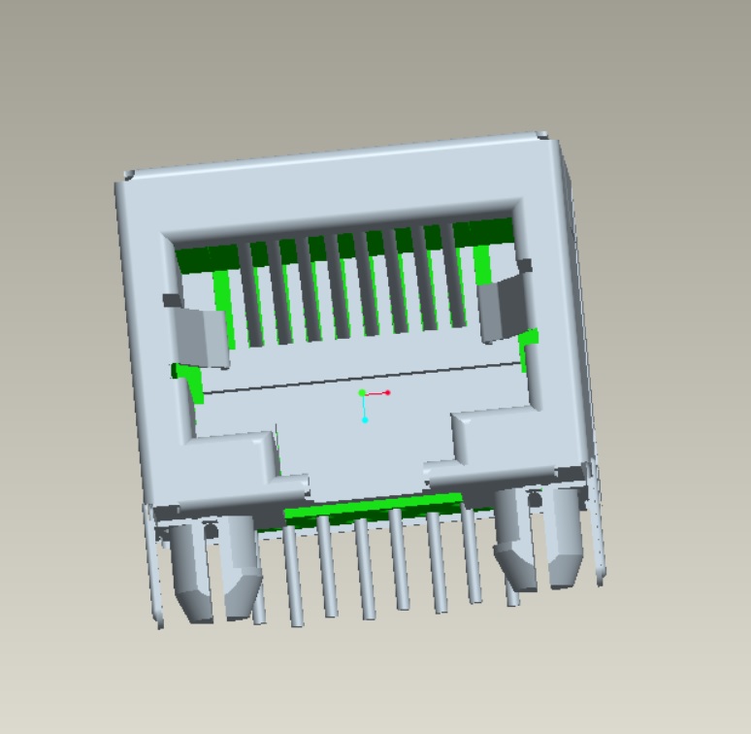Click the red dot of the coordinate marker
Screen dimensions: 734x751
pyautogui.click(x=388, y=392)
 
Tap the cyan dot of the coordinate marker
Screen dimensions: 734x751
pyautogui.click(x=365, y=419)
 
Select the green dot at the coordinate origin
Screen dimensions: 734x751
pyautogui.click(x=362, y=393)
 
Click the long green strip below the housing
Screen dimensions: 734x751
pyautogui.click(x=373, y=507)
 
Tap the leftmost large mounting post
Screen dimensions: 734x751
pyautogui.click(x=191, y=572)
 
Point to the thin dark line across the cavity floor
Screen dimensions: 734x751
pyautogui.click(x=359, y=379)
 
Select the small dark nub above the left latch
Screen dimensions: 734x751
pyautogui.click(x=171, y=300)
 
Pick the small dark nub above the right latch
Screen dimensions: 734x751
pyautogui.click(x=525, y=265)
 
